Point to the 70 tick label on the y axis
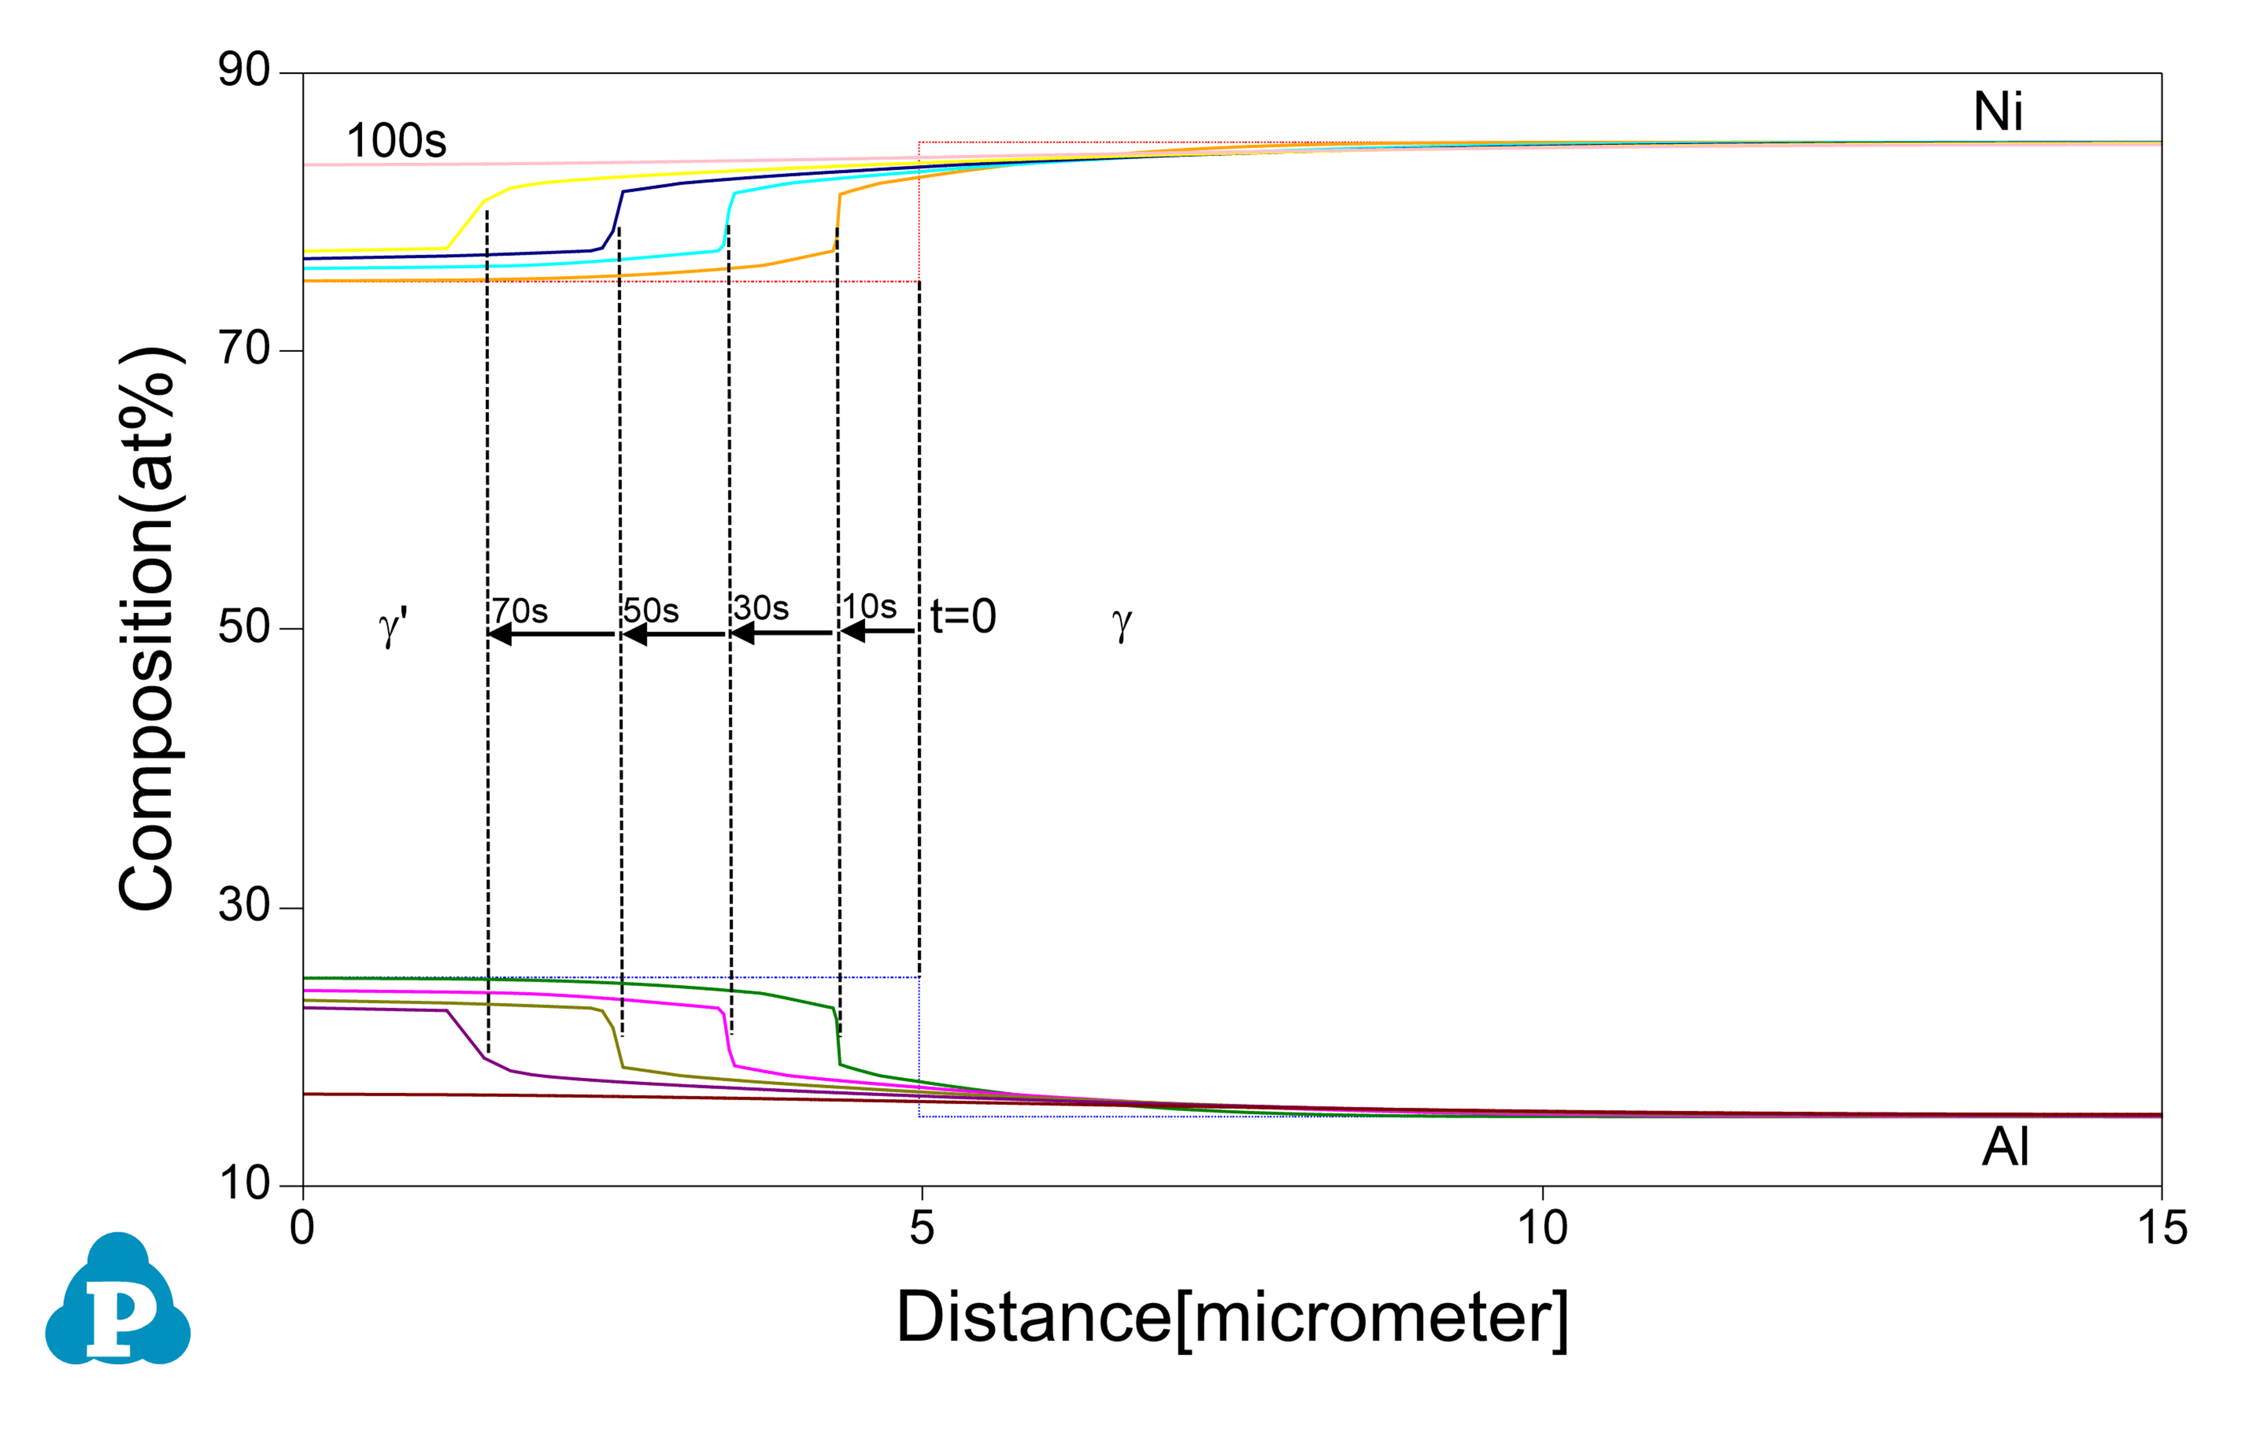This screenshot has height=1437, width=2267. coord(244,349)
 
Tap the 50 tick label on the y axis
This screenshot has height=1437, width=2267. coord(244,627)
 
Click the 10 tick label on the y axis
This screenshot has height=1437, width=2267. coord(244,1183)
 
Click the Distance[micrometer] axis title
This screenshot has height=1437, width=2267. coord(1231,1317)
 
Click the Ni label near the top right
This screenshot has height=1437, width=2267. coord(1998,112)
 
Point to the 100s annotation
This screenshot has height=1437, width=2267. coord(396,141)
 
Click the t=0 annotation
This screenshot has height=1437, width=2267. coord(963,617)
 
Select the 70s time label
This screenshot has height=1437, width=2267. coord(520,611)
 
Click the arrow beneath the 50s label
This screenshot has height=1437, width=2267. coord(673,635)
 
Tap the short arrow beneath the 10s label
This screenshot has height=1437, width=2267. coord(877,632)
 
